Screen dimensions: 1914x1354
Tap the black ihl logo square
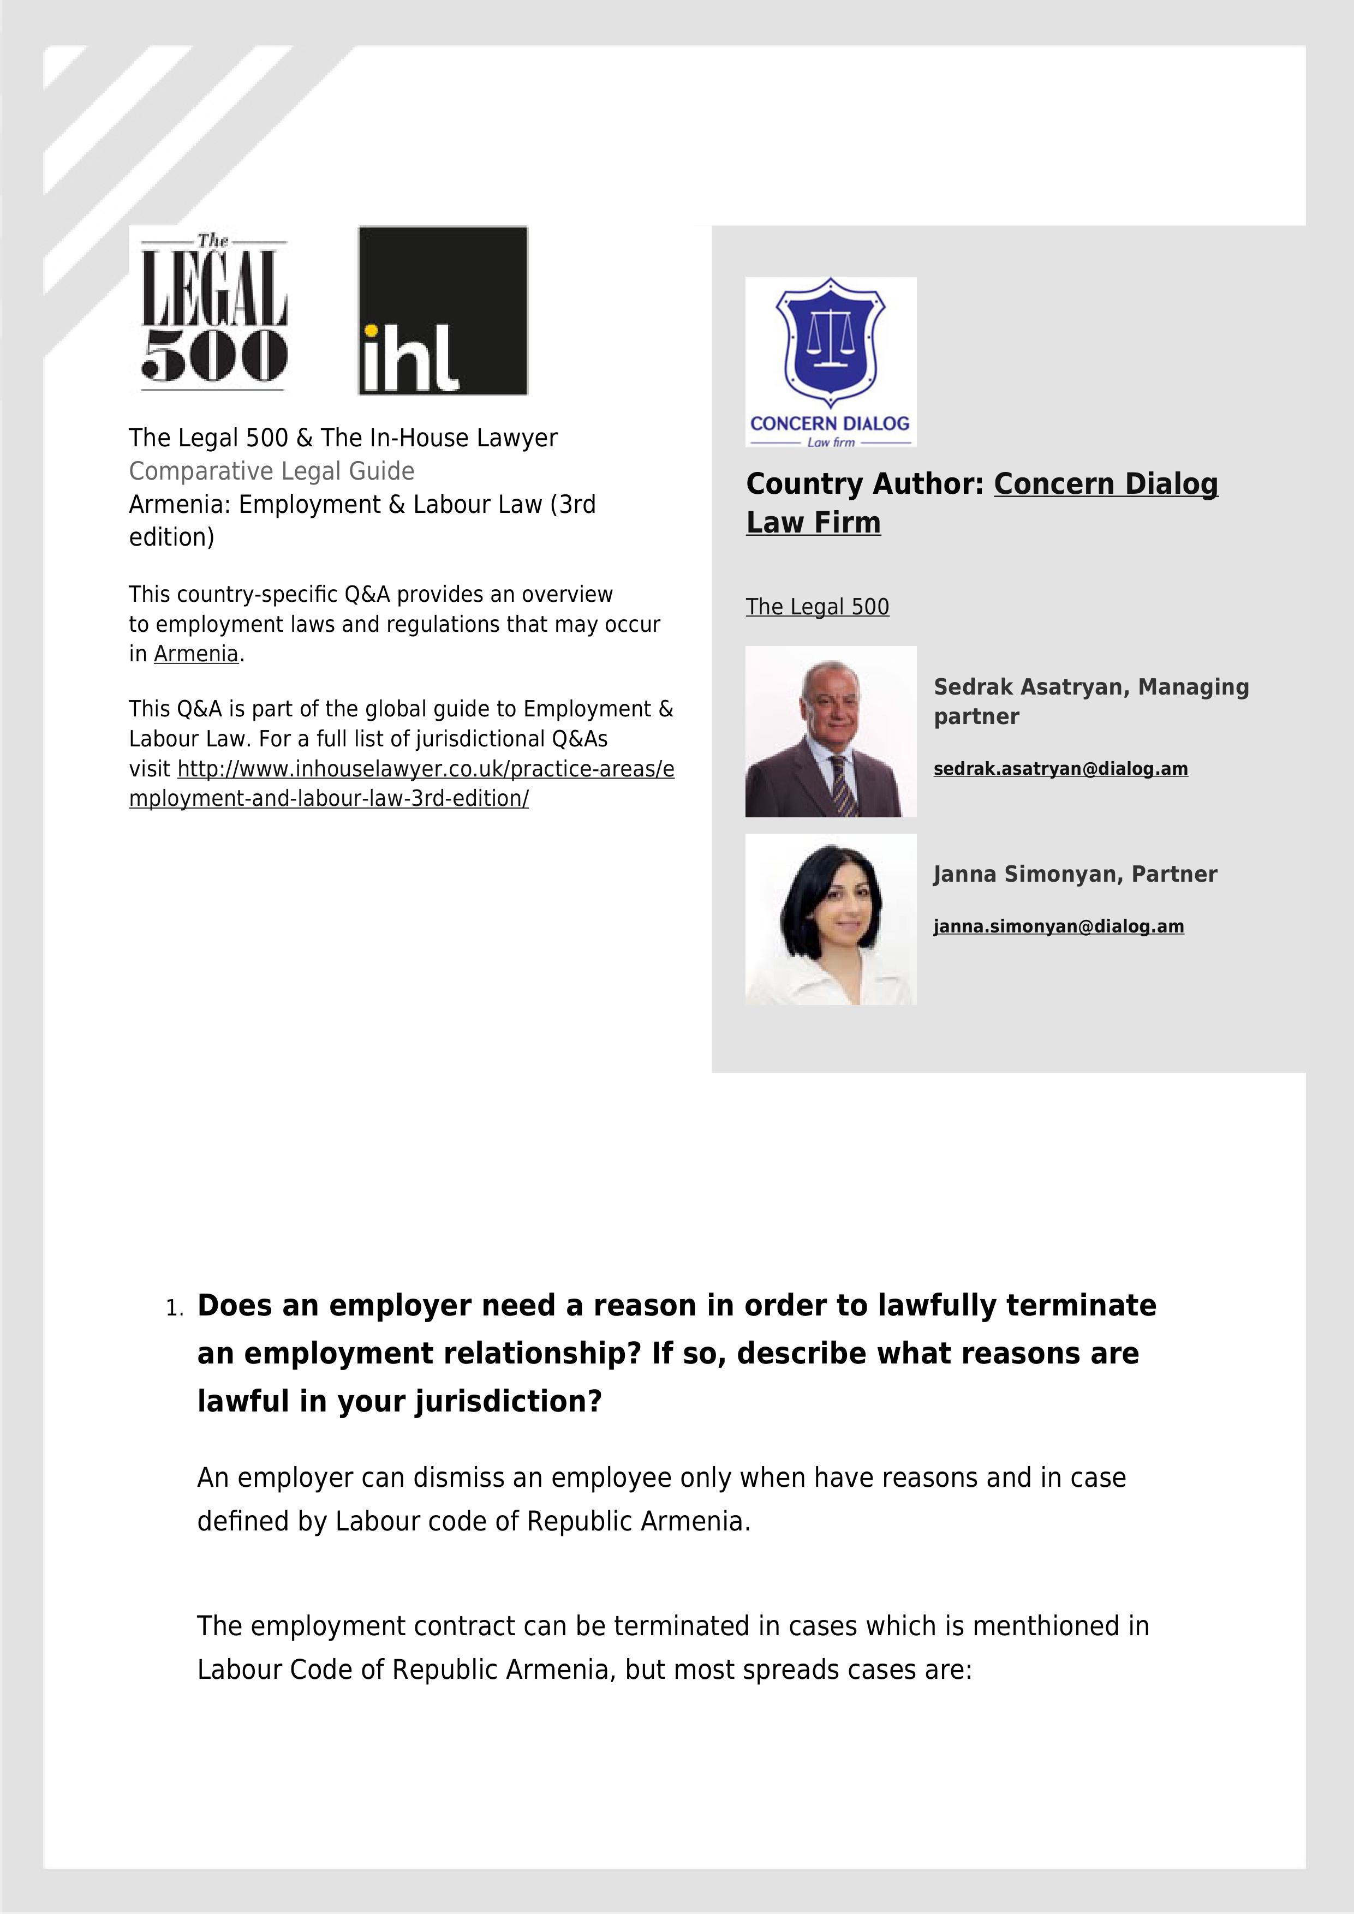pos(443,310)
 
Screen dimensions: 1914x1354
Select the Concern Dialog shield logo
pos(831,361)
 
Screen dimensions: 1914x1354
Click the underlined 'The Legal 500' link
pos(817,607)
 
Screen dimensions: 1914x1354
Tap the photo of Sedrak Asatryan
pos(831,731)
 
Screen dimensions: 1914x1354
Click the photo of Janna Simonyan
pos(831,919)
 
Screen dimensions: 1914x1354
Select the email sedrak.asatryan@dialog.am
pos(1060,769)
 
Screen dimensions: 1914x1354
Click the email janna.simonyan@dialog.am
pos(1058,926)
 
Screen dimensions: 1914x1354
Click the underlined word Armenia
pos(196,654)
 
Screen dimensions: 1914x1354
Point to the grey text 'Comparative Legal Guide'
pos(272,471)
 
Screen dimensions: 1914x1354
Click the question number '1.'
pos(174,1309)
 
